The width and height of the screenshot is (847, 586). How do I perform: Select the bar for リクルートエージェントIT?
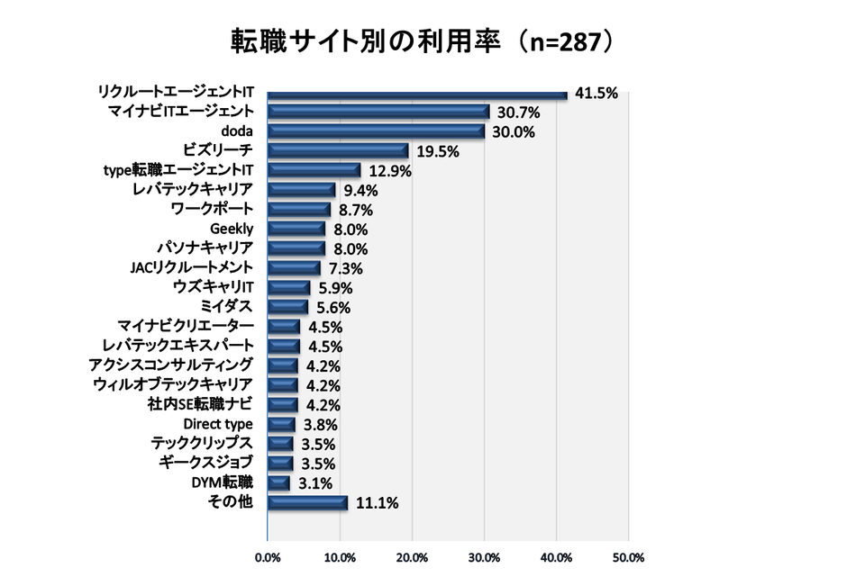coord(417,93)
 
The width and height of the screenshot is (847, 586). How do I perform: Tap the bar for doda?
coord(376,131)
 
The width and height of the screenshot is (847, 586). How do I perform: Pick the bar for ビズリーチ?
coord(338,151)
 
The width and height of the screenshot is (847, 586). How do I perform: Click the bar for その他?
coord(307,502)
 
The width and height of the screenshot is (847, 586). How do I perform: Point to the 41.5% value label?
coord(596,93)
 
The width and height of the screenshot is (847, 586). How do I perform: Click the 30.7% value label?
coord(517,113)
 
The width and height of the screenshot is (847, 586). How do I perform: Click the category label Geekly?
coord(232,229)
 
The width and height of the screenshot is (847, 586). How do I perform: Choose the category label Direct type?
coord(218,424)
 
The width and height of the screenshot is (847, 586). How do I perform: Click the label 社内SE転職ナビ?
coord(200,404)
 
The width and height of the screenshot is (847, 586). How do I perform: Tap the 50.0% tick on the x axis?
coord(628,558)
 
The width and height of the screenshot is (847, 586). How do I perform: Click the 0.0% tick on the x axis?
coord(268,558)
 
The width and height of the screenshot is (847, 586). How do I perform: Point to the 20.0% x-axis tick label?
coord(412,558)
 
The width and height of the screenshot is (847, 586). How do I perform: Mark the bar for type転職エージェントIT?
coord(314,170)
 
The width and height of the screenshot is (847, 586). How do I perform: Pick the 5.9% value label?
coord(334,288)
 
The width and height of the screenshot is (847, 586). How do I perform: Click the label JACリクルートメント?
coord(192,267)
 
